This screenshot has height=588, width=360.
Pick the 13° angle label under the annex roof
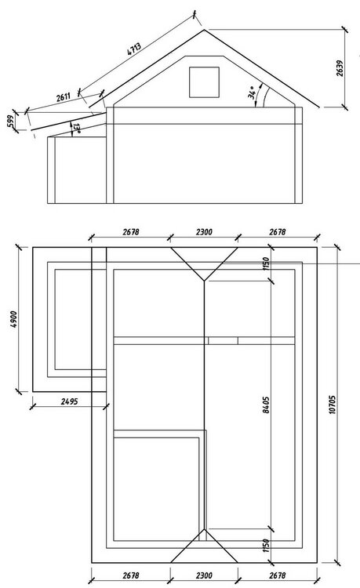pyautogui.click(x=76, y=128)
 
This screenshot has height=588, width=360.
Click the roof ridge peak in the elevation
pyautogui.click(x=204, y=29)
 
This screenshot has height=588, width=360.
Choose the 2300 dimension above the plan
pyautogui.click(x=203, y=233)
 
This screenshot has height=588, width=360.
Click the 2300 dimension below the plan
pyautogui.click(x=203, y=575)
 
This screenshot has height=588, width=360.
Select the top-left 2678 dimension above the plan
pyautogui.click(x=128, y=233)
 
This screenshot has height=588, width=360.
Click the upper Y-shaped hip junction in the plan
pyautogui.click(x=204, y=280)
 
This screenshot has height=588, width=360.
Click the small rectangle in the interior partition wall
pyautogui.click(x=223, y=341)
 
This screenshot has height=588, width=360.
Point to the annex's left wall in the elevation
pyautogui.click(x=49, y=169)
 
